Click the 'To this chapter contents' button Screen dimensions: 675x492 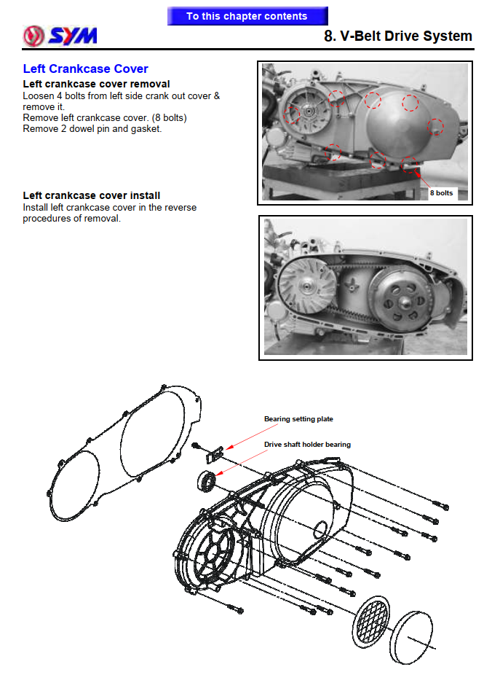pyautogui.click(x=247, y=16)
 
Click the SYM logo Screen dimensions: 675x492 pyautogui.click(x=60, y=35)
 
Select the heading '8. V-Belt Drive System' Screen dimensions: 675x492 pyautogui.click(x=397, y=36)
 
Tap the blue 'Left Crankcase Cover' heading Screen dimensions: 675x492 pyautogui.click(x=85, y=69)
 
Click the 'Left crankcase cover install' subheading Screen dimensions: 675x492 pyautogui.click(x=92, y=195)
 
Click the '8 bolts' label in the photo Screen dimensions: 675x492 pyautogui.click(x=441, y=193)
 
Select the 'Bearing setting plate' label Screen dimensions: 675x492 pyautogui.click(x=298, y=419)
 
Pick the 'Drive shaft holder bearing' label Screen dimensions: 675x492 pyautogui.click(x=306, y=444)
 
